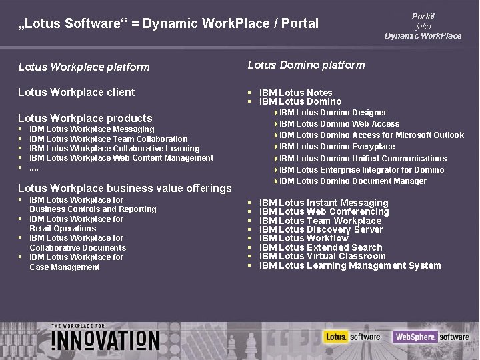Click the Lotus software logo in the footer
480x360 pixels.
point(352,337)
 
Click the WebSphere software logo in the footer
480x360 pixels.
point(431,337)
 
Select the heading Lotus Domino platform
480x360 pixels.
point(306,65)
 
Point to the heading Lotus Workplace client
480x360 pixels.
point(76,92)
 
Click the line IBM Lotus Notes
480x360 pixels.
point(295,93)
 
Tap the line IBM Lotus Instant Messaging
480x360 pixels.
point(323,203)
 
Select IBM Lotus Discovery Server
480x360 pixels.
point(321,229)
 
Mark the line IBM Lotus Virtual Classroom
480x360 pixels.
point(322,256)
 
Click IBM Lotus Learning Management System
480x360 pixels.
point(349,265)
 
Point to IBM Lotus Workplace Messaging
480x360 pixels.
point(92,129)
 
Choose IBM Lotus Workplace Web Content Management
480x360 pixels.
point(121,158)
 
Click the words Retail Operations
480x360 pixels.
point(63,229)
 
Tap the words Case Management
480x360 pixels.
point(64,267)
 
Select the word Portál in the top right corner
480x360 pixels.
point(423,15)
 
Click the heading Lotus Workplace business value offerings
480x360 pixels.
point(125,188)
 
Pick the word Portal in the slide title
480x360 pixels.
point(301,24)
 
